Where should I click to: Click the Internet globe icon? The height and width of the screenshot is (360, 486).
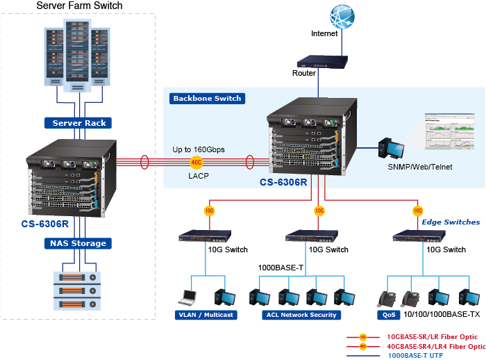coord(342,15)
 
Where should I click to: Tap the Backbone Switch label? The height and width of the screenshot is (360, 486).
coord(207,99)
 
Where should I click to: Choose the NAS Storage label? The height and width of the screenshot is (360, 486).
coord(78,243)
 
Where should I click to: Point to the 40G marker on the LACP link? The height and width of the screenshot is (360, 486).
coord(196,163)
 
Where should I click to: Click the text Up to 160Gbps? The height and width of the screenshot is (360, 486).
coord(199,149)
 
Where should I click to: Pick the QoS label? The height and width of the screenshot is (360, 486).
coord(388,315)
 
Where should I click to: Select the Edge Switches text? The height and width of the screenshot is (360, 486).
coord(451,222)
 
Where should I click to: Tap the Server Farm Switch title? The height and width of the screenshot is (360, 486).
coord(79,6)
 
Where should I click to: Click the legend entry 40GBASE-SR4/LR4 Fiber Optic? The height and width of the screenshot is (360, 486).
coord(435,345)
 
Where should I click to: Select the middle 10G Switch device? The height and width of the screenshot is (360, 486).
coord(306,236)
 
